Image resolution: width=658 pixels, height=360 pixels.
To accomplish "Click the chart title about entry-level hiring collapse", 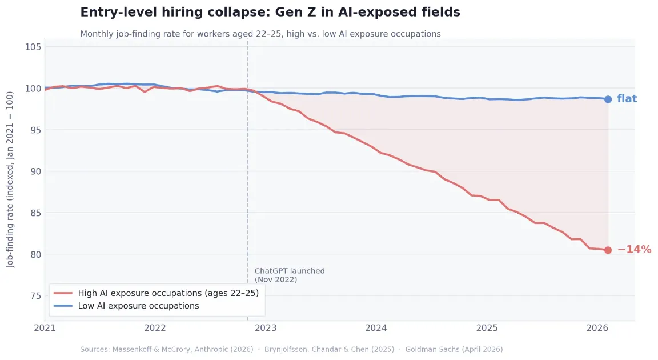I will [270, 12].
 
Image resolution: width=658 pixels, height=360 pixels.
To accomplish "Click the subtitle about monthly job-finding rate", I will [260, 34].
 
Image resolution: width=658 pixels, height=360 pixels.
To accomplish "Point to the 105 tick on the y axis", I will [33, 47].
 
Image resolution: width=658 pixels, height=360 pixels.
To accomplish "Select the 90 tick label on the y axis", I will [33, 171].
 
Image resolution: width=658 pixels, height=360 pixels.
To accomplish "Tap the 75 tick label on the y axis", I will [33, 295].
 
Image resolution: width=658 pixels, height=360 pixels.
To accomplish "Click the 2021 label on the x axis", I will [45, 328].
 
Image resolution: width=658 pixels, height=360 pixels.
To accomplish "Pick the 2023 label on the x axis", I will [266, 328].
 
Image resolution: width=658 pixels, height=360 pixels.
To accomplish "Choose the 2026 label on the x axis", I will [597, 328].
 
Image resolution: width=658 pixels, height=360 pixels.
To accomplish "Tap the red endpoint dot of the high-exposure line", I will [608, 250].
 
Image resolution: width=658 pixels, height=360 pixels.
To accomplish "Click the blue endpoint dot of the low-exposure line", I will [608, 99].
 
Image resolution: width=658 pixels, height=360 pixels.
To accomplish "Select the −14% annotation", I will [634, 250].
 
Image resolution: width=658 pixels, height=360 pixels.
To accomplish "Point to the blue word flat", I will [627, 99].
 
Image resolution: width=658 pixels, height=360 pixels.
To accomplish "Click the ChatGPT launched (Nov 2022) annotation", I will [289, 275].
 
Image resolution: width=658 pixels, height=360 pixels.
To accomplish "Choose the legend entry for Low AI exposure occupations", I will [138, 306].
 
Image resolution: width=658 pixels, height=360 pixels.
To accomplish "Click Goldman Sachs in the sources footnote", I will [454, 349].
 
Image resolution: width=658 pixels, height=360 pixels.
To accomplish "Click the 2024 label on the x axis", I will [376, 328].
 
